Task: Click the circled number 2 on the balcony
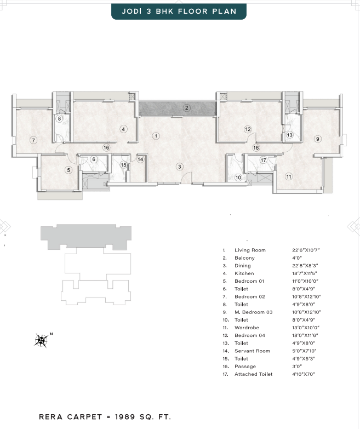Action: coord(186,108)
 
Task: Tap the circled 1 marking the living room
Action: coord(156,136)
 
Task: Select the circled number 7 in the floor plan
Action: coord(33,140)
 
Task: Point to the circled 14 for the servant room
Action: coord(140,159)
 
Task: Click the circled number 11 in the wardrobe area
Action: coord(289,176)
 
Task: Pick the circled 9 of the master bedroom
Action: coord(318,139)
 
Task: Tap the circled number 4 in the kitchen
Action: coord(123,129)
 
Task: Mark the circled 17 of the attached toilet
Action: coord(263,160)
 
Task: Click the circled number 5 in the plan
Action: coord(68,170)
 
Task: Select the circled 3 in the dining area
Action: coord(180,167)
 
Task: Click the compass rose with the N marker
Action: coord(42,340)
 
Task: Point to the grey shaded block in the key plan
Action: coord(86,237)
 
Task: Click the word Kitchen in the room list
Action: coord(244,273)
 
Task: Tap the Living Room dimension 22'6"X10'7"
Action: coord(306,250)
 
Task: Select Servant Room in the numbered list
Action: coord(252,351)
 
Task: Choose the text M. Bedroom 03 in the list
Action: coord(253,312)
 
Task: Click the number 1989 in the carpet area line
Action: coord(125,417)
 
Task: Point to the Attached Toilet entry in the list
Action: coord(253,374)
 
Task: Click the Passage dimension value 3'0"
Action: coord(297,367)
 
